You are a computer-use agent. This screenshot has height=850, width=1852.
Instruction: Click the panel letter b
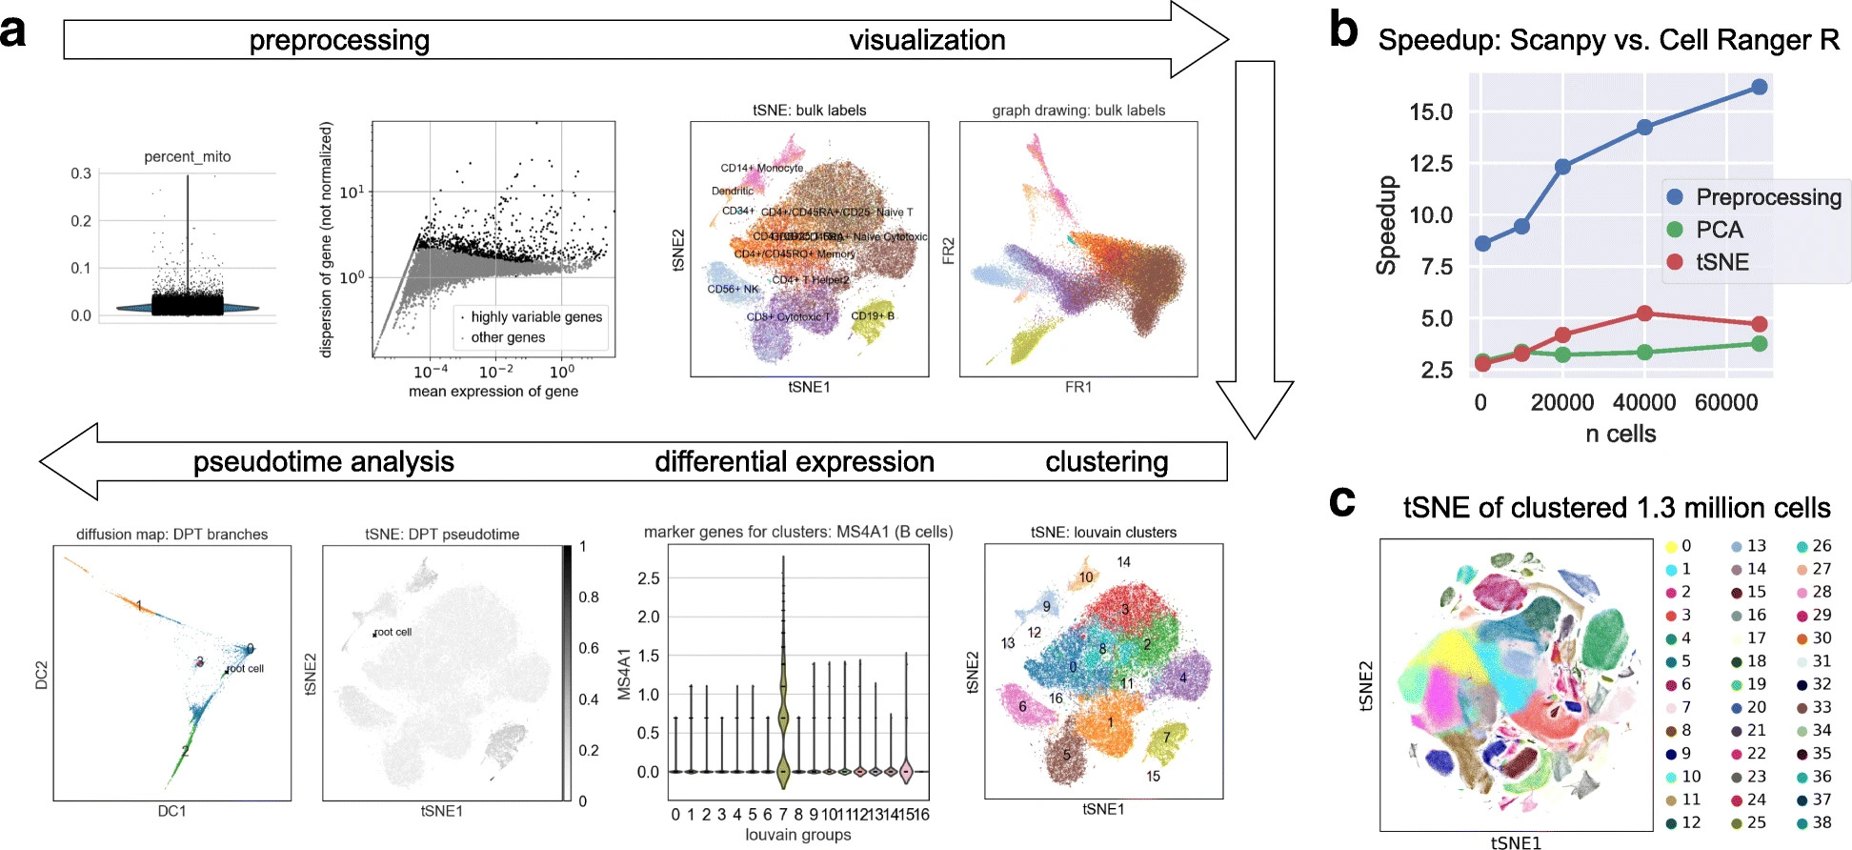click(1343, 30)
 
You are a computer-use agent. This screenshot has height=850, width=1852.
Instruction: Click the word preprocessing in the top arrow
click(339, 40)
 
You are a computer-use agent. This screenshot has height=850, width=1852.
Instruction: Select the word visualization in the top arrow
click(927, 40)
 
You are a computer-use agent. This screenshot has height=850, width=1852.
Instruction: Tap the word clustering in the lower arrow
click(1106, 462)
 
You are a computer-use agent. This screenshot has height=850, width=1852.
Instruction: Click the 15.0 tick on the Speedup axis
click(1431, 112)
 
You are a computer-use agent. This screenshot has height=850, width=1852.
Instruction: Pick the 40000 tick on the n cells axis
click(1644, 402)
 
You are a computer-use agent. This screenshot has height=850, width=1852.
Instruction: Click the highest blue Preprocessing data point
click(1759, 87)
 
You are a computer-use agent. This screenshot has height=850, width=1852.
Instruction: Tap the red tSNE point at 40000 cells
click(1644, 314)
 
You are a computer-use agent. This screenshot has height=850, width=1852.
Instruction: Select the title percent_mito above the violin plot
click(188, 156)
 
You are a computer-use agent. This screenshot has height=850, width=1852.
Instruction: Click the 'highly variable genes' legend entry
click(535, 316)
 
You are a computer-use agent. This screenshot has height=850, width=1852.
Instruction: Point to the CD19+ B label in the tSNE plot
click(872, 315)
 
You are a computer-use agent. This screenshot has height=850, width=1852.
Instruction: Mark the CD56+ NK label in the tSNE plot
click(733, 289)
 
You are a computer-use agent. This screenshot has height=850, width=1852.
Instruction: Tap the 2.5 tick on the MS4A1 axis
click(648, 578)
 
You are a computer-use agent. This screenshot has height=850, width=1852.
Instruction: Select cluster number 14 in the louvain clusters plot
click(1123, 562)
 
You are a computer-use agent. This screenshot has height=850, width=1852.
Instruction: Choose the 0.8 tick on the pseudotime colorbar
click(589, 597)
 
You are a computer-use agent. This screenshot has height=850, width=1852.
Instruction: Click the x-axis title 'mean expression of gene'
click(493, 391)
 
